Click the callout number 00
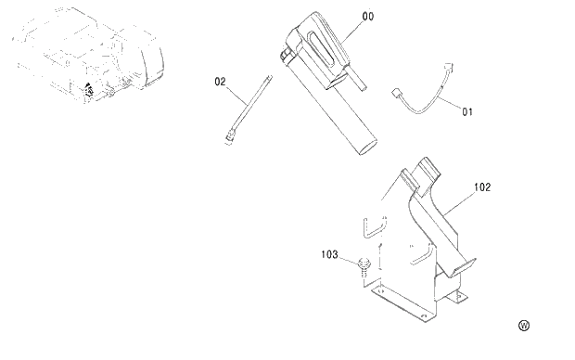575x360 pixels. click(x=343, y=16)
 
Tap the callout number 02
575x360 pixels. click(x=221, y=82)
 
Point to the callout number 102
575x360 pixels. click(x=482, y=186)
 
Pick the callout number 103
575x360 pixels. click(x=330, y=252)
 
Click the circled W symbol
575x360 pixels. click(x=523, y=326)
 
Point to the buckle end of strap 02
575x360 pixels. click(x=229, y=139)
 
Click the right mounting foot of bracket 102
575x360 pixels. click(x=455, y=299)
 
